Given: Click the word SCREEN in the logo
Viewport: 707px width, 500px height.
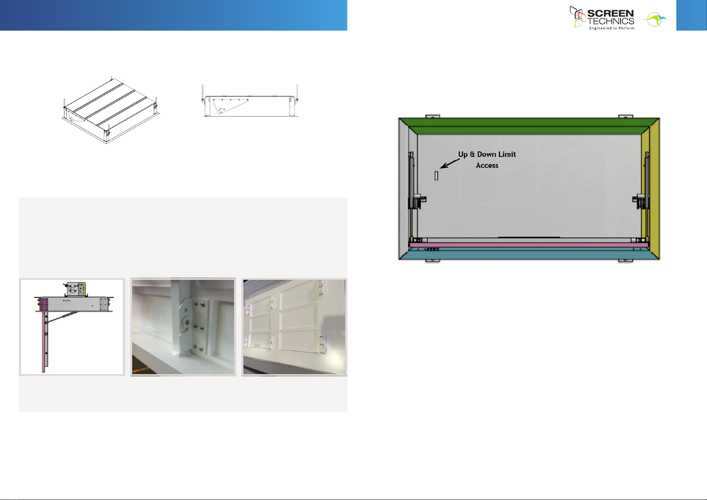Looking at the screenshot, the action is click(610, 13).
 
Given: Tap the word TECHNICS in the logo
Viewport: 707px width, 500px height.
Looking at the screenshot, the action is click(611, 21).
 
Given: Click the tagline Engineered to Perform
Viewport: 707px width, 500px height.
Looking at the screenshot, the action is click(612, 28).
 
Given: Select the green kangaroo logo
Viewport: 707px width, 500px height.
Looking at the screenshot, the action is click(654, 20).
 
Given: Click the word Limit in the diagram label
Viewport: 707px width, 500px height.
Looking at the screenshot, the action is click(506, 154).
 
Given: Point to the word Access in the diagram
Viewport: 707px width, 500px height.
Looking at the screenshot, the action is click(487, 165).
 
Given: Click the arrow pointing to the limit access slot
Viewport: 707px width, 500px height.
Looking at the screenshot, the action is click(450, 164).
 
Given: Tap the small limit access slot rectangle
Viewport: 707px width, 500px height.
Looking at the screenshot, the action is click(436, 176).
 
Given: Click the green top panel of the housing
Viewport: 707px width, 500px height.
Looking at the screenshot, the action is click(529, 126).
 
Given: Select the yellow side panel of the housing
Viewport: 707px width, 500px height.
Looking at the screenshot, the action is click(651, 189).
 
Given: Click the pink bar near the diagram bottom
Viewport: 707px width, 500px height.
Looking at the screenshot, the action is click(529, 245).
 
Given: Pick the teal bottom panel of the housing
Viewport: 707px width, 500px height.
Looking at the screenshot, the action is click(529, 253).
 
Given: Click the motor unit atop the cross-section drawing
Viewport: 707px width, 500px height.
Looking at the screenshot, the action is click(75, 289).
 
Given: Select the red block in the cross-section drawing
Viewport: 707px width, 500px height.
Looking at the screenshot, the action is click(41, 305).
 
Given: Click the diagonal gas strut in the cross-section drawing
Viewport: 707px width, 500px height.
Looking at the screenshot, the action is click(62, 318).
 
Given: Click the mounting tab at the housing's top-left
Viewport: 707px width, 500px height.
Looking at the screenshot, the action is click(433, 117).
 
